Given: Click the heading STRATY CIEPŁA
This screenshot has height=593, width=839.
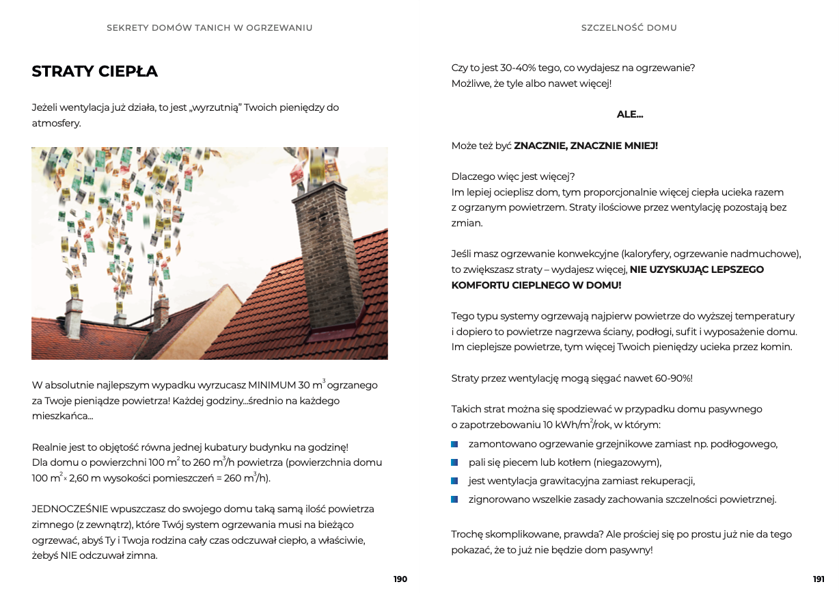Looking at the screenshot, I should click(94, 71).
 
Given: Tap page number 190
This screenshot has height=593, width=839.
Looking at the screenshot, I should click(400, 579).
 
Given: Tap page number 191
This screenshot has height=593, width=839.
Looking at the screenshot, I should click(819, 579).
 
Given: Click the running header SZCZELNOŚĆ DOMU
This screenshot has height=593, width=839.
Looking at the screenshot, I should click(629, 28).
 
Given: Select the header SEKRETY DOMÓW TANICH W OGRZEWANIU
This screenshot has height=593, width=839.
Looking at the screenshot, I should click(210, 28).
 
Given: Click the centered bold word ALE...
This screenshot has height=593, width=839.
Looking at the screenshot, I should click(629, 114).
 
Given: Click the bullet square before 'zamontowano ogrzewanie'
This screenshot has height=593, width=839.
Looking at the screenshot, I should click(454, 444).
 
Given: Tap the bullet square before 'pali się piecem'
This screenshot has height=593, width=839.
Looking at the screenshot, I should click(454, 462).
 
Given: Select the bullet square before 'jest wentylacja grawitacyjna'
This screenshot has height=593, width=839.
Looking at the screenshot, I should click(454, 481).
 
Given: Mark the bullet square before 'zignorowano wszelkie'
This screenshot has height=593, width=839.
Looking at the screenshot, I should click(454, 499).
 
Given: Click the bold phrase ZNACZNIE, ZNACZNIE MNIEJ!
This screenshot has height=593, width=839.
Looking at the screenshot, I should click(586, 146).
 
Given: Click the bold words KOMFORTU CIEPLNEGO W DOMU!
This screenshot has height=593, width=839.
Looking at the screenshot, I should click(536, 285).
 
